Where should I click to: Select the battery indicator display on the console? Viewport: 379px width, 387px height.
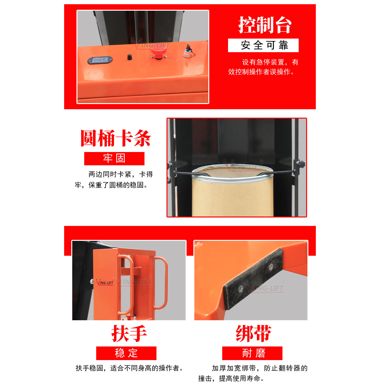pos(100,60)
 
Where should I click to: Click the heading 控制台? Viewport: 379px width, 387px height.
pos(265,25)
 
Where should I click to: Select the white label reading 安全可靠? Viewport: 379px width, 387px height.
pos(263,45)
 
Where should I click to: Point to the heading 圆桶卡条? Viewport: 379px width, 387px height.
pos(116,138)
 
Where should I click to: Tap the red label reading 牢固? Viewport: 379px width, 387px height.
pos(114,158)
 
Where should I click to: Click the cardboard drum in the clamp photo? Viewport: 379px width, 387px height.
pos(233,194)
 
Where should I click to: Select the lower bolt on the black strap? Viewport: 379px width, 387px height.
pos(241,288)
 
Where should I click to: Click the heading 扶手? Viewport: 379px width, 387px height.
pos(129,334)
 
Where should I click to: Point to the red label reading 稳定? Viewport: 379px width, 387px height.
pos(126,353)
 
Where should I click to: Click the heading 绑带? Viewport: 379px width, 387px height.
pos(253,334)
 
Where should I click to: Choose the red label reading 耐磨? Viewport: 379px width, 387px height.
pos(252,353)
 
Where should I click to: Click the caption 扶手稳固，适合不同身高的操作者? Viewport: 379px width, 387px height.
pos(129,368)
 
